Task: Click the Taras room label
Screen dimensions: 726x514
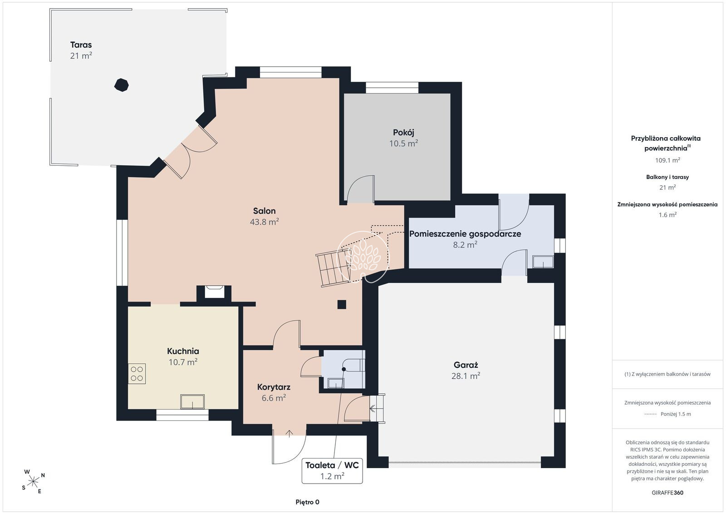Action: click(x=81, y=45)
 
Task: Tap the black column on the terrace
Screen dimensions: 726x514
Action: click(x=122, y=85)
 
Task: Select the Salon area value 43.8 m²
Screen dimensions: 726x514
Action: click(x=264, y=222)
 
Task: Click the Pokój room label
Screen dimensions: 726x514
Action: click(x=403, y=132)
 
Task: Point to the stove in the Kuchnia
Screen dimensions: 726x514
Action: click(x=137, y=374)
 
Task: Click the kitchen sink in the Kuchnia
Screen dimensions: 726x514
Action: click(x=192, y=402)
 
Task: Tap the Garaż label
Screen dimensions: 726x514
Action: click(x=466, y=365)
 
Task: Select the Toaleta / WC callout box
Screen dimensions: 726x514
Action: click(x=332, y=471)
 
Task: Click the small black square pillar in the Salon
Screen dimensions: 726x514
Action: click(x=342, y=305)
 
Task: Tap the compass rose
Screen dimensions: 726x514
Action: click(x=33, y=482)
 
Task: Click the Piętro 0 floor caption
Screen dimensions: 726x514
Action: click(x=307, y=502)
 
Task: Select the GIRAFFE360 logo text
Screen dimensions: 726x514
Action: click(x=667, y=493)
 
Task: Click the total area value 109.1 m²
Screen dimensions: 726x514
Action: click(x=667, y=160)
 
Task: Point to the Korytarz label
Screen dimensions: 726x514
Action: click(x=274, y=387)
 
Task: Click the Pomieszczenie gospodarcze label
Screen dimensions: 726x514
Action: click(x=465, y=234)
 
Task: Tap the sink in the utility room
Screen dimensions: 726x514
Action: click(x=543, y=262)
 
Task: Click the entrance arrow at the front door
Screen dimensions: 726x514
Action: click(x=289, y=434)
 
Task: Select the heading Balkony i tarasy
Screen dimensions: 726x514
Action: click(x=667, y=177)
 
